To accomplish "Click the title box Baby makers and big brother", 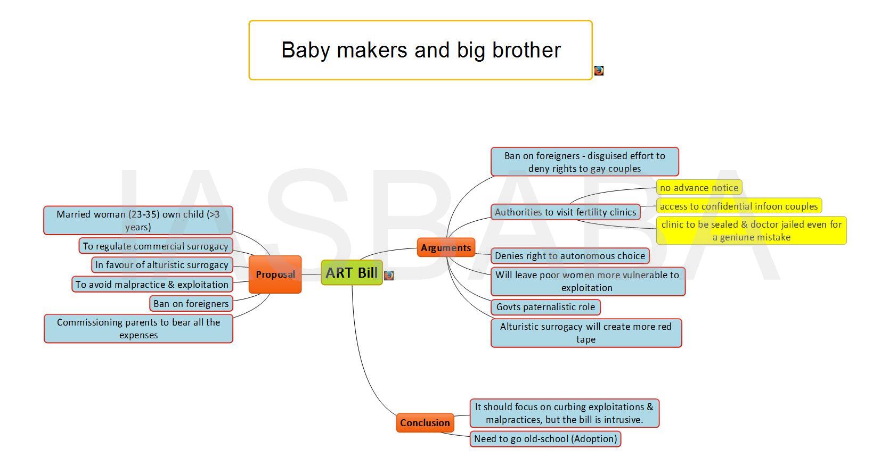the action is [x=421, y=51].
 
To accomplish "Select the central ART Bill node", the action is [x=352, y=272].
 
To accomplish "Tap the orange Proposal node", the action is [x=275, y=274].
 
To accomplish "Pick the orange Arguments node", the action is [x=446, y=248].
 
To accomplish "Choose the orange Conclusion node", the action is [x=425, y=423].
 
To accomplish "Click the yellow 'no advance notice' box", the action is [x=699, y=187].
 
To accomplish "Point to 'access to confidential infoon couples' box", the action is [x=739, y=206].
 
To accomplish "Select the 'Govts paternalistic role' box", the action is [x=545, y=307].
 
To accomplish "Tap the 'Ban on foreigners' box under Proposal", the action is [x=191, y=304].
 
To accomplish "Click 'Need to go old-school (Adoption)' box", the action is [x=545, y=439].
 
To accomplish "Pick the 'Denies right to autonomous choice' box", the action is [x=570, y=255].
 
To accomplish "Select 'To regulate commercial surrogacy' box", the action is [x=156, y=246].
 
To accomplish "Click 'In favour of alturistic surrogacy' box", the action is [x=162, y=265].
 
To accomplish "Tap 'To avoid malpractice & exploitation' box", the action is [x=152, y=285].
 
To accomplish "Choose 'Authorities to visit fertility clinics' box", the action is [x=566, y=212].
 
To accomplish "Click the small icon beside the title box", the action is [x=599, y=71].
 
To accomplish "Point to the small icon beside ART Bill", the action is [x=389, y=276].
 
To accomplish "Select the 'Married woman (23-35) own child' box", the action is [x=138, y=220].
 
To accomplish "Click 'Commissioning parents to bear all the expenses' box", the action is [x=138, y=329].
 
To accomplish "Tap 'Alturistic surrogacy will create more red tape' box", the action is [x=586, y=333].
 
